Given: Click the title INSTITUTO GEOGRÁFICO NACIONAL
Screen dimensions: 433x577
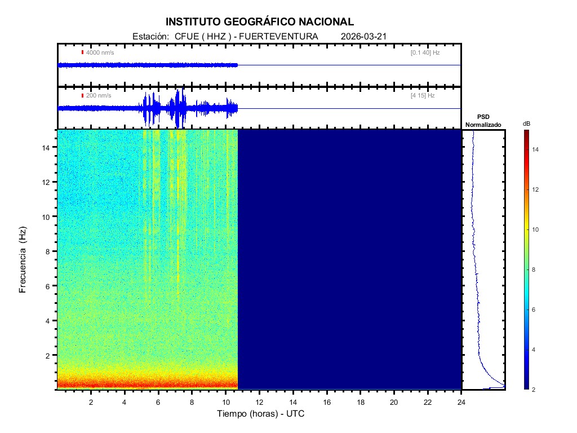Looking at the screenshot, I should [x=260, y=22].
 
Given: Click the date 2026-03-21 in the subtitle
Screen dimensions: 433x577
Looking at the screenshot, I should [x=363, y=37].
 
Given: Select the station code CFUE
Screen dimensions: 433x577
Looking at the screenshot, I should [x=185, y=37].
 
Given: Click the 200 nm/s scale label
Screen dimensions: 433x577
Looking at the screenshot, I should [x=98, y=96].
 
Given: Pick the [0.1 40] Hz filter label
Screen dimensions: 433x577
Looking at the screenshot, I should [x=425, y=52].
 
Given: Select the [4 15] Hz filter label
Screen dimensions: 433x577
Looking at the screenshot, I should [x=423, y=96].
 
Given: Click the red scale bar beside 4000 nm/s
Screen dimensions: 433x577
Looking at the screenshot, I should [x=82, y=52].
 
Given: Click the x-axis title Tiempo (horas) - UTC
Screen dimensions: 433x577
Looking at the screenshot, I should [x=261, y=414].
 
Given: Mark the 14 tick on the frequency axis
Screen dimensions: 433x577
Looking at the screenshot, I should [x=47, y=147].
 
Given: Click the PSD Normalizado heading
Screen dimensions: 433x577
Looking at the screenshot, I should [x=483, y=121].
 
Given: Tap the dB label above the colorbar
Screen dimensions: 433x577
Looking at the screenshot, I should [x=526, y=123].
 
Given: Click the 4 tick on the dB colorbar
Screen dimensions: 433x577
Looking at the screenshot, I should [x=536, y=350].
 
